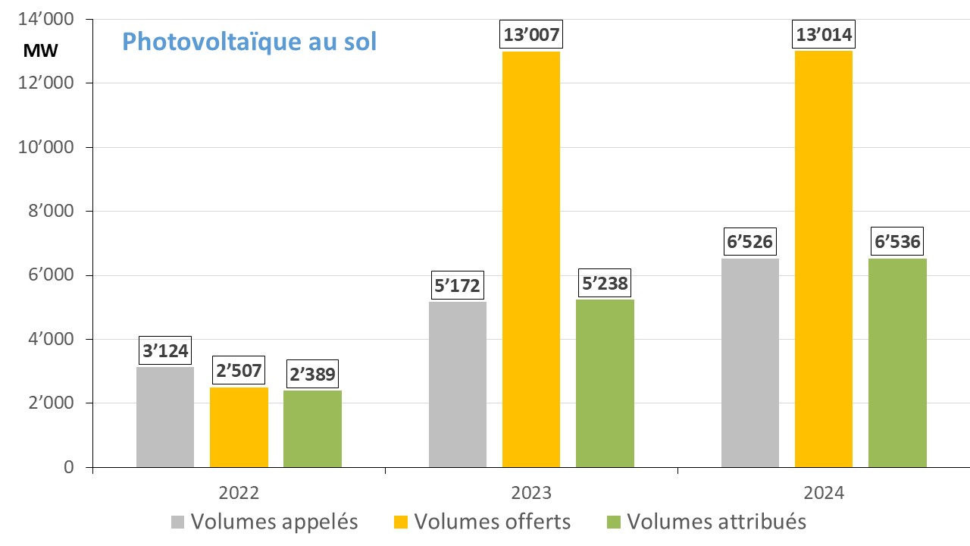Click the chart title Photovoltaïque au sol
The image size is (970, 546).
(249, 42)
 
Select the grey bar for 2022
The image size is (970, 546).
(165, 417)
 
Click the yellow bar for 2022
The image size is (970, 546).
(239, 427)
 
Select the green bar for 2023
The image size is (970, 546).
(605, 383)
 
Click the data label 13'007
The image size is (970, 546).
(531, 36)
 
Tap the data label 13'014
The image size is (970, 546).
(824, 36)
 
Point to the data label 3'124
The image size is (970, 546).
(165, 351)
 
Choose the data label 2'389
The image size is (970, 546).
(312, 374)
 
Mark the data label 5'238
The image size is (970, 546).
(605, 284)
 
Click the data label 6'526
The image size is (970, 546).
(750, 243)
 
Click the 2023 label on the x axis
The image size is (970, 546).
(531, 492)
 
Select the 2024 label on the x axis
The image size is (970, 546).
(824, 492)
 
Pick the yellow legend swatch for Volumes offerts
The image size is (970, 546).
(400, 522)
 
